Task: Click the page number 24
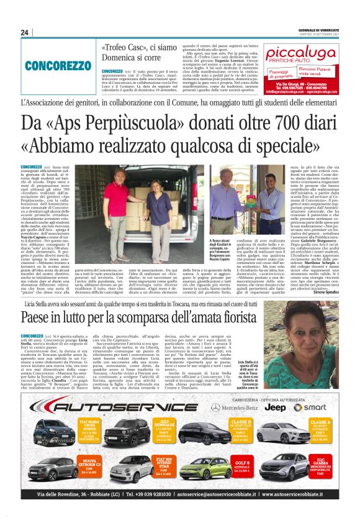(25, 32)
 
